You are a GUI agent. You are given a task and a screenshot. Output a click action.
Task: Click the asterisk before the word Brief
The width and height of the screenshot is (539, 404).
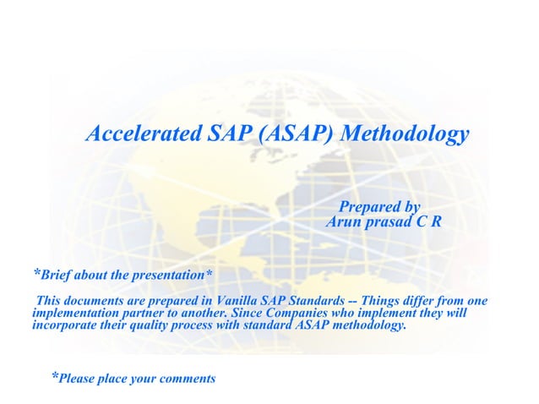click(35, 272)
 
